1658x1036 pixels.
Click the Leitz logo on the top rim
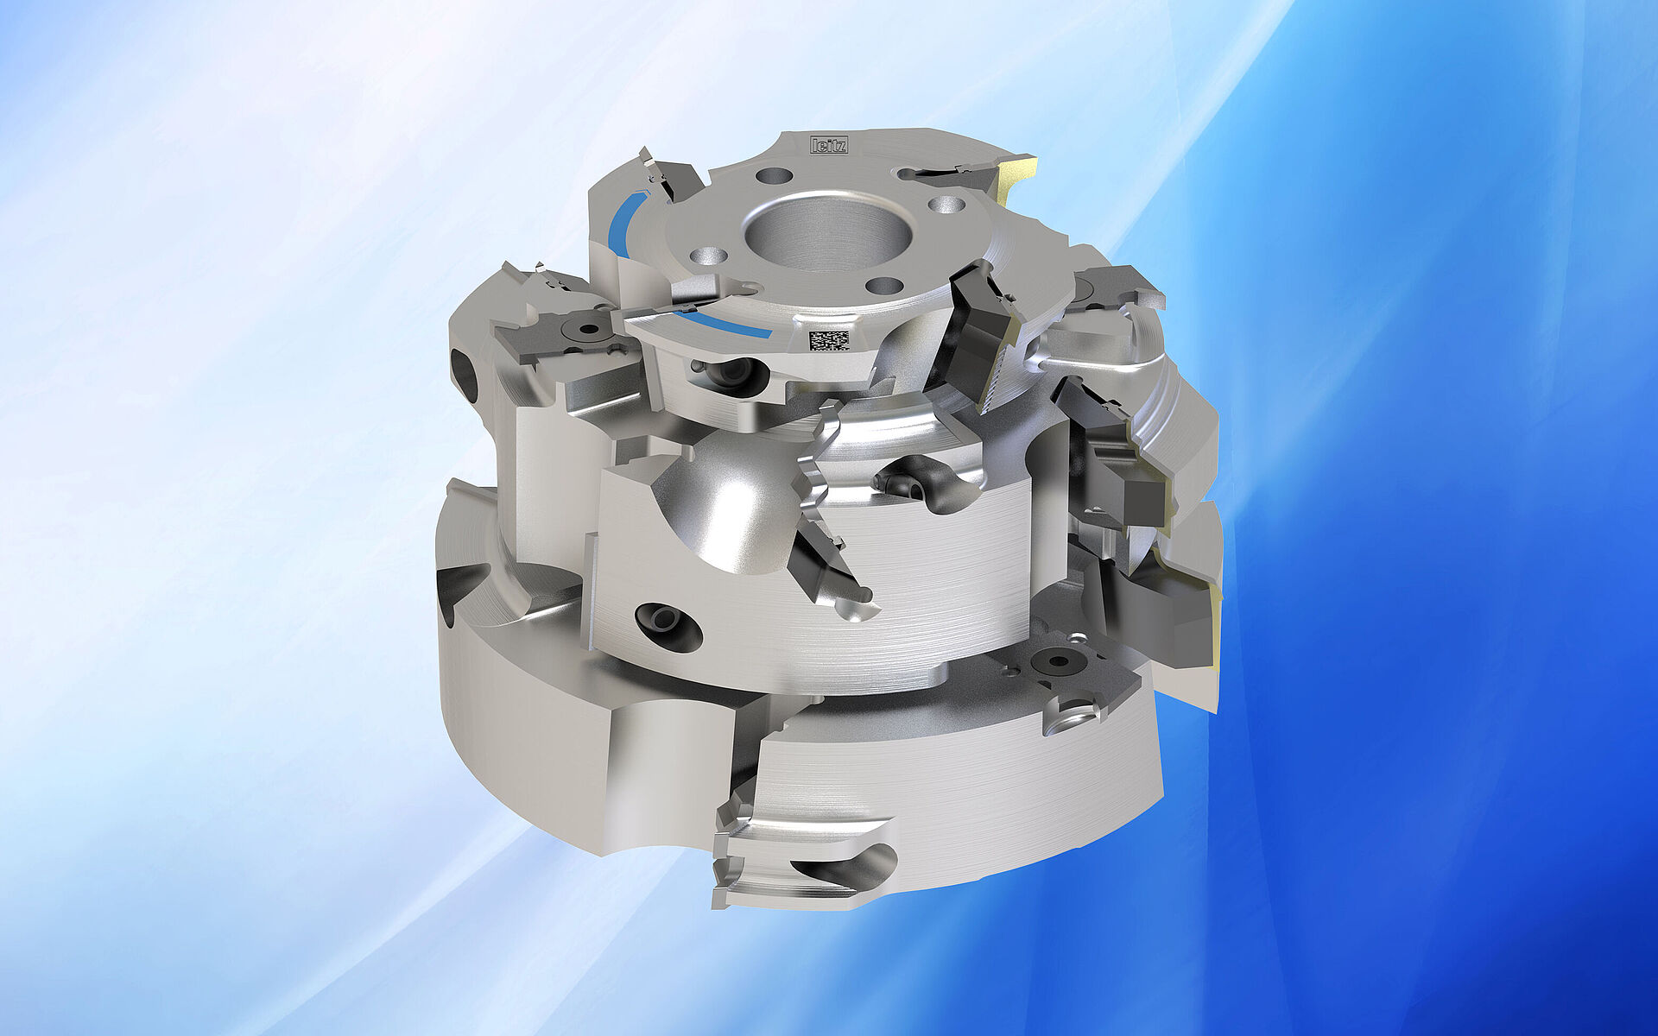pyautogui.click(x=828, y=144)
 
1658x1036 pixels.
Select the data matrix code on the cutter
pyautogui.click(x=827, y=338)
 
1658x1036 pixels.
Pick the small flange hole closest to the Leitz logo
pyautogui.click(x=773, y=175)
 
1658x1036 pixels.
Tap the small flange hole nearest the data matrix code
pyautogui.click(x=884, y=286)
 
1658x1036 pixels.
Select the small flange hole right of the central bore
pyautogui.click(x=947, y=205)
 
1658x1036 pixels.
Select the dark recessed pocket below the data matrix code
pyautogui.click(x=731, y=376)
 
